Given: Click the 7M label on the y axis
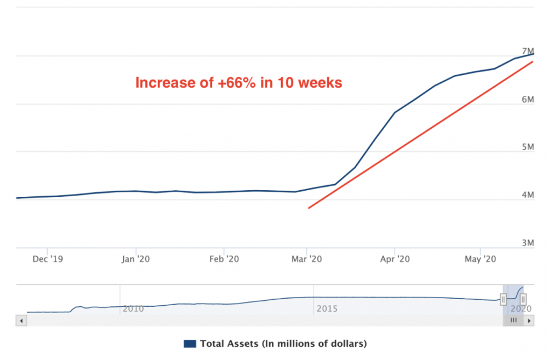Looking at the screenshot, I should (x=527, y=51).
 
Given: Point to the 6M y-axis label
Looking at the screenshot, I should (x=527, y=99).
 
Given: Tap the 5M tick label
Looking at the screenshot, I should (x=527, y=147).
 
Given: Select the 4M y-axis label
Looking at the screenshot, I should (x=527, y=195).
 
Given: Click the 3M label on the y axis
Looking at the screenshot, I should (x=527, y=243).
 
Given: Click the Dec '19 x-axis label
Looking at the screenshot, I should (x=48, y=259).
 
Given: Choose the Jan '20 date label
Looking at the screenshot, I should (x=135, y=259).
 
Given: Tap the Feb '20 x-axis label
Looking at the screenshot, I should (x=224, y=259).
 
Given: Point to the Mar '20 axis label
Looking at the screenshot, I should (x=306, y=259).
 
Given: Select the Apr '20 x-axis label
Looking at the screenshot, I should (x=395, y=259).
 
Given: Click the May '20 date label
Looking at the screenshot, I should (x=480, y=259).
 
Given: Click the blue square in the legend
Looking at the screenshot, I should (x=190, y=344).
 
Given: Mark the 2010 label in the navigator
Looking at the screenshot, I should (x=133, y=309).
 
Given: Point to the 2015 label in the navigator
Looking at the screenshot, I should (x=327, y=309).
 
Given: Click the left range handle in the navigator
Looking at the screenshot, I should (x=503, y=299).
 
